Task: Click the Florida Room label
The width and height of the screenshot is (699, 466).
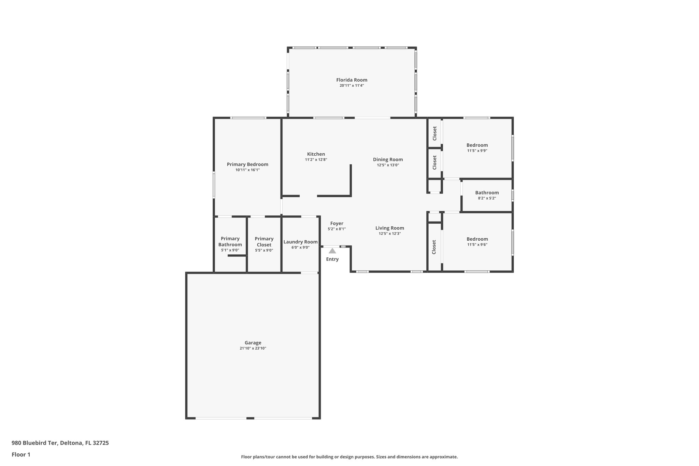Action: [352, 80]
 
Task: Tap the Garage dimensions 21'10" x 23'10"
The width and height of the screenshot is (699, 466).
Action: [253, 348]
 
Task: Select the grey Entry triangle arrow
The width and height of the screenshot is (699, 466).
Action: [332, 251]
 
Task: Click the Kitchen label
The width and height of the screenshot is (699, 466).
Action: [316, 154]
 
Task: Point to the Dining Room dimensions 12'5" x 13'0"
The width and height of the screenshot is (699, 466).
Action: [388, 165]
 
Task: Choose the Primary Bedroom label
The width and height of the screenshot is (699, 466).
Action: [247, 164]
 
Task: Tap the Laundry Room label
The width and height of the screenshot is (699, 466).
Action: [300, 242]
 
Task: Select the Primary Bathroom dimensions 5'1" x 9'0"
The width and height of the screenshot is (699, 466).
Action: [230, 250]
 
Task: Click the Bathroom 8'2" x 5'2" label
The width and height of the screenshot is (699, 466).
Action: [487, 193]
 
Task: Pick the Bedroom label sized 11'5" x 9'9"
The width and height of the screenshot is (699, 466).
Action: [477, 145]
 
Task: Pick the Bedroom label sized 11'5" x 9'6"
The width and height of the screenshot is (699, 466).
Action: [477, 239]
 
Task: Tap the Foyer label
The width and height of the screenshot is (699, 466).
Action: [337, 223]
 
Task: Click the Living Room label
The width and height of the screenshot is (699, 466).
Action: [389, 228]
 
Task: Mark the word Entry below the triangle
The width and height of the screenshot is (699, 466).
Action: [332, 259]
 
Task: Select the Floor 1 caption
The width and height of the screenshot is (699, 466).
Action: [21, 454]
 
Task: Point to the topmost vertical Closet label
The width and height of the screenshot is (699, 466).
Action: [434, 133]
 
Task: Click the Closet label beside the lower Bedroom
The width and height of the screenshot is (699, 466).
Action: [434, 247]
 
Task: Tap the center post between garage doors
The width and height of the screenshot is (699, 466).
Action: [250, 418]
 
